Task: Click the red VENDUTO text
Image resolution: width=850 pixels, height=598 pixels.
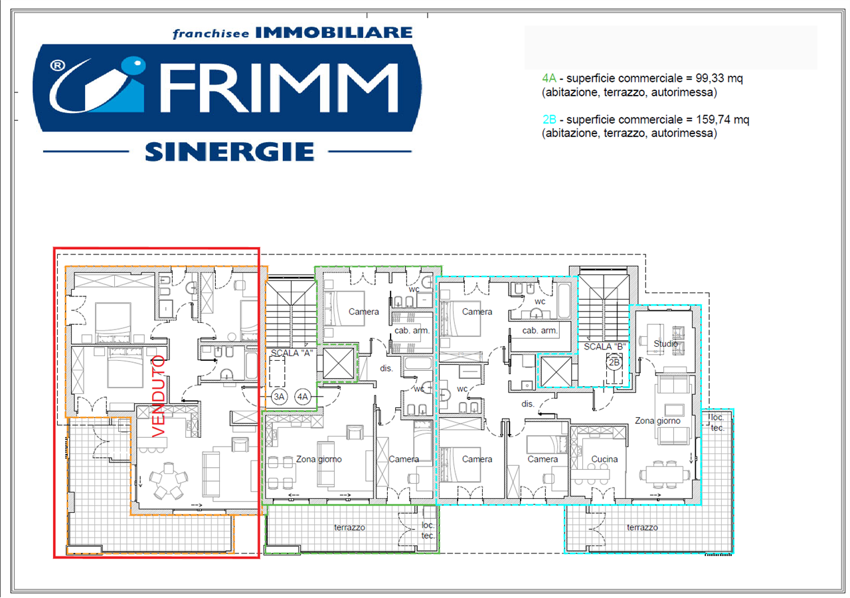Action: click(159, 397)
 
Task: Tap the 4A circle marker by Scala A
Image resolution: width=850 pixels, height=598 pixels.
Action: click(303, 397)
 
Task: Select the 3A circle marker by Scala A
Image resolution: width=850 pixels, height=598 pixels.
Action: click(279, 397)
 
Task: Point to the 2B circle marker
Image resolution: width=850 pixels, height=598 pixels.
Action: click(614, 363)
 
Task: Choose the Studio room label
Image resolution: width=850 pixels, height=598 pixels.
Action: click(664, 344)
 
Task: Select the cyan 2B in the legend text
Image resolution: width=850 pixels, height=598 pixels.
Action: click(549, 120)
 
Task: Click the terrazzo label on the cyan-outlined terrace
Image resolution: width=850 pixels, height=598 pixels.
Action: click(642, 527)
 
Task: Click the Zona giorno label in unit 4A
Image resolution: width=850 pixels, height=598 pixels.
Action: click(319, 459)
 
